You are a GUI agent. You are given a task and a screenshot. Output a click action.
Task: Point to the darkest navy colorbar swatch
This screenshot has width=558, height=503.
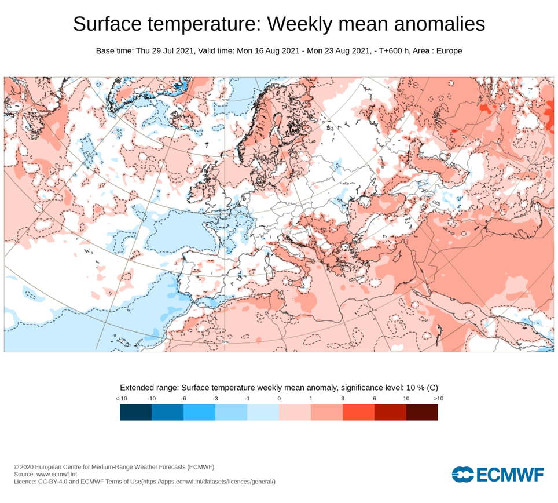click(x=135, y=412)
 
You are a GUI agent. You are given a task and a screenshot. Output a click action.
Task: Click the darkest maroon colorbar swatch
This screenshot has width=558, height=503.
click(x=422, y=412)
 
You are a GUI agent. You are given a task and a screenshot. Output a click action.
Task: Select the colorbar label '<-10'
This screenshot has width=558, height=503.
click(x=121, y=398)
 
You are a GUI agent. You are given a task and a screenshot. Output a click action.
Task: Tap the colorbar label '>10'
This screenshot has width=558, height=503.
click(x=438, y=398)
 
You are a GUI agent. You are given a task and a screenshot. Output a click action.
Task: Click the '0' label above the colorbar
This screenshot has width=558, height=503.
click(x=279, y=398)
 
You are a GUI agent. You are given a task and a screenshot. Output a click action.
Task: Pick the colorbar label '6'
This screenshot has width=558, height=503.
click(x=375, y=398)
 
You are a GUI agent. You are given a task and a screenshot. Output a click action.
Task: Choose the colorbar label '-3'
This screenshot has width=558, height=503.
click(x=215, y=398)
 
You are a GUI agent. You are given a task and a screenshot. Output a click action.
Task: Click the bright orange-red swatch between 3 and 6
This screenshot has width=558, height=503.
click(x=358, y=412)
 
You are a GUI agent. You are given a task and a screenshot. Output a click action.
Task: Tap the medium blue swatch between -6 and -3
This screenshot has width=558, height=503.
click(x=199, y=412)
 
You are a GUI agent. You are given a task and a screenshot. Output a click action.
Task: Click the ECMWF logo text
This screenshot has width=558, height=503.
click(x=510, y=475)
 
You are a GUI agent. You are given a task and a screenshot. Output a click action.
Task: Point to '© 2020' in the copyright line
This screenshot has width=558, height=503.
click(x=25, y=466)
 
